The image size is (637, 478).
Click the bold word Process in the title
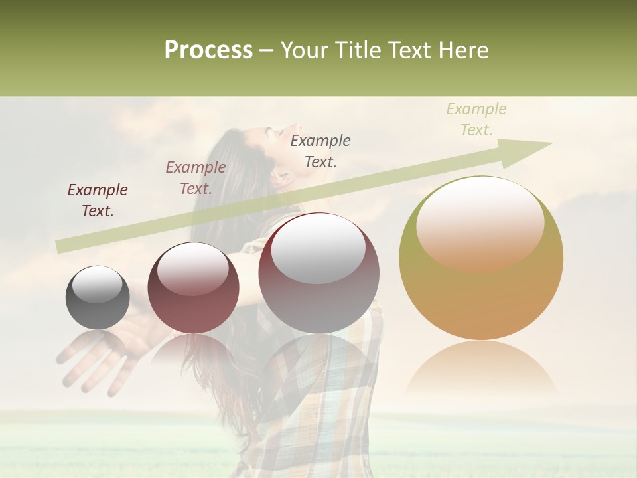[x=208, y=50]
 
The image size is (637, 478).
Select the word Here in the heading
[x=463, y=50]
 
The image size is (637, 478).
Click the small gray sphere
[x=98, y=297]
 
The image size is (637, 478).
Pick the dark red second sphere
[x=192, y=287]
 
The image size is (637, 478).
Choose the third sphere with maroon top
[x=318, y=273]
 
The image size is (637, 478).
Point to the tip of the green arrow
[x=551, y=143]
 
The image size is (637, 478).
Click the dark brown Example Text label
[x=98, y=200]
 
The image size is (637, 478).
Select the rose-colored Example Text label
[x=196, y=178]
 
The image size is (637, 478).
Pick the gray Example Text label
[x=320, y=151]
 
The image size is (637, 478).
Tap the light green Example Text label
[x=476, y=119]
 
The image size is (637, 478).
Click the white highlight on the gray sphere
[x=97, y=285]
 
